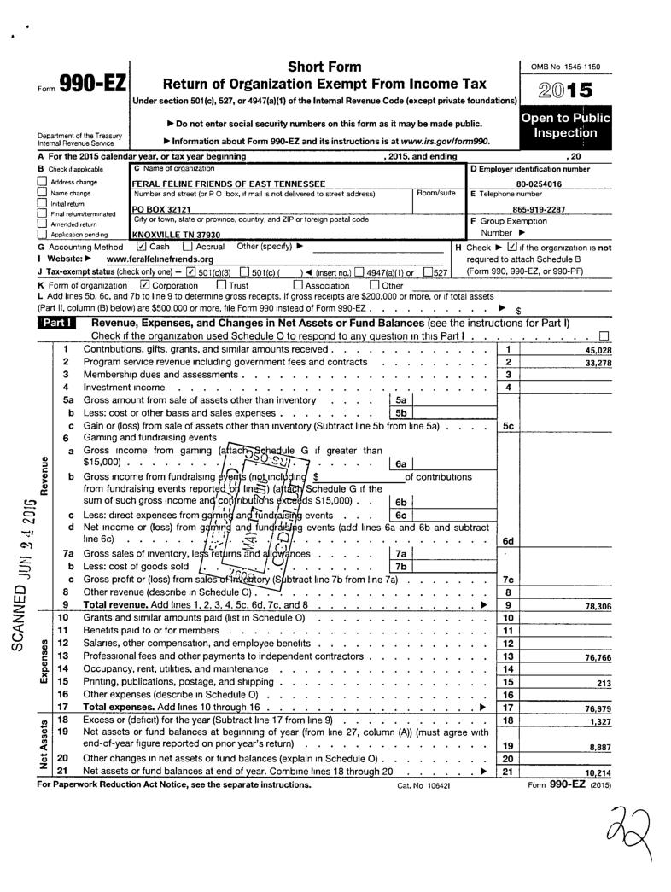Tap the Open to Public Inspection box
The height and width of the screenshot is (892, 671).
pos(565,125)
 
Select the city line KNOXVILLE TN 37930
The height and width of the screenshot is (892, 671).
pos(177,233)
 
